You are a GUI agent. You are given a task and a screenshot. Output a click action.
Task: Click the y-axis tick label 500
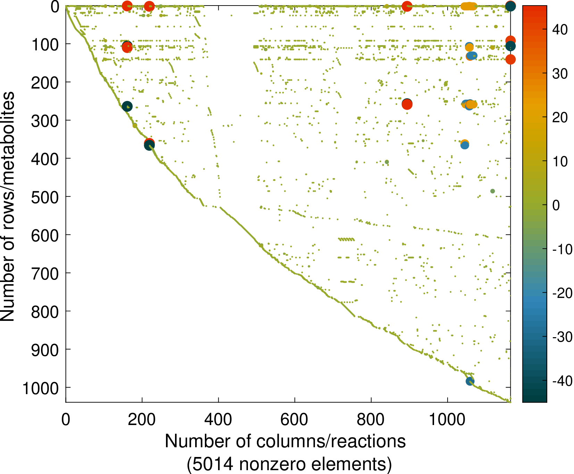(45, 197)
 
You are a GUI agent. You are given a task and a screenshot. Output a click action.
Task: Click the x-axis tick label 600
(294, 420)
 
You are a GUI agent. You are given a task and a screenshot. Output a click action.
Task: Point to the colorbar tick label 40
(560, 30)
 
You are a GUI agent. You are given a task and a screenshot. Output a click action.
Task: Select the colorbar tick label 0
(556, 205)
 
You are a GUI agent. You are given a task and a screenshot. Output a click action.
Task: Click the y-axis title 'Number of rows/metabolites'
(8, 206)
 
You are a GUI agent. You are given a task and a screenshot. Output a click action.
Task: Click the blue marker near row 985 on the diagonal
(470, 381)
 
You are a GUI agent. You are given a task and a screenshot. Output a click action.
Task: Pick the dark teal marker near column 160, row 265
(127, 107)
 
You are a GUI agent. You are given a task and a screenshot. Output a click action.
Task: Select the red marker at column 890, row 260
(407, 104)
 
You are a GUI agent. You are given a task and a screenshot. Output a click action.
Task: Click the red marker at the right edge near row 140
(510, 59)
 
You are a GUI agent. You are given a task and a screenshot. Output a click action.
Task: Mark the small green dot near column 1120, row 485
(492, 191)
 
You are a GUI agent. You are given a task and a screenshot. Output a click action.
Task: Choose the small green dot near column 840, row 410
(387, 162)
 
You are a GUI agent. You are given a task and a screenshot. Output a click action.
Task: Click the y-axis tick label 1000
(41, 388)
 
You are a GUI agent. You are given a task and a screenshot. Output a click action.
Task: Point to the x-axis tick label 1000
(447, 420)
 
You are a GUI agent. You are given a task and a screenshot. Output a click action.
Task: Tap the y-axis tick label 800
(45, 312)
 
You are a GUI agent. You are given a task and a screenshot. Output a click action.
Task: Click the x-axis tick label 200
(142, 420)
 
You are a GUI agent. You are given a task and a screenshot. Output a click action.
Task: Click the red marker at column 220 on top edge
(149, 6)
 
